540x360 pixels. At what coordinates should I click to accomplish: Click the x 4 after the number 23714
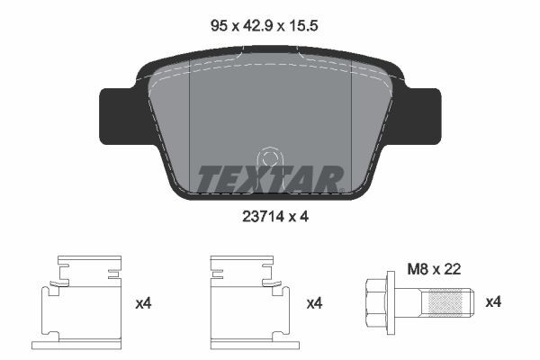pyautogui.click(x=298, y=215)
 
